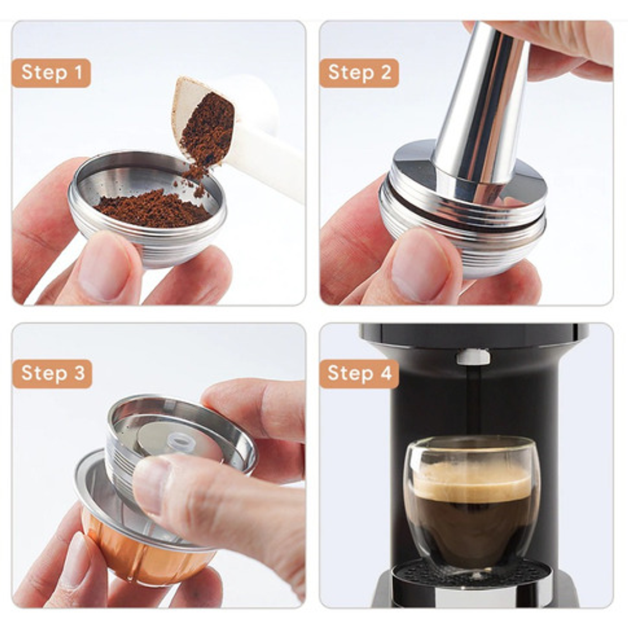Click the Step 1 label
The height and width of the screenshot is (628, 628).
[x=51, y=73]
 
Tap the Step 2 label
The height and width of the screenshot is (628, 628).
[x=359, y=73]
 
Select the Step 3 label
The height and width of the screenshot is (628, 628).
[x=52, y=373]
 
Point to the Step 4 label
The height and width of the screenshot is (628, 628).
[x=359, y=373]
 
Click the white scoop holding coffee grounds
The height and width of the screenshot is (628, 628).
[x=248, y=138]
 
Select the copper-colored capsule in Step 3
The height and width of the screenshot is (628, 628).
[x=138, y=556]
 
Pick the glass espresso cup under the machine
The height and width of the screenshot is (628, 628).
[x=472, y=501]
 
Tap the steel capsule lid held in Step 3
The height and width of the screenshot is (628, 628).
[x=182, y=430]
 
